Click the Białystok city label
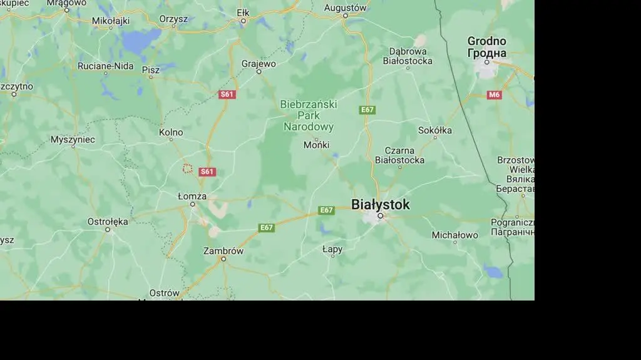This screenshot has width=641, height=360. click(381, 204)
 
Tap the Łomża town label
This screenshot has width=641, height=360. click(192, 196)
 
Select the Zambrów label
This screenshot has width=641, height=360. click(223, 250)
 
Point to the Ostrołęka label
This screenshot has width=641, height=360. click(108, 222)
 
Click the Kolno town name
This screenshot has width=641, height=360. click(171, 132)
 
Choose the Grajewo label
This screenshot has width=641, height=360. click(259, 63)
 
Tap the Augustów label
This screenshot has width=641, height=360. click(345, 8)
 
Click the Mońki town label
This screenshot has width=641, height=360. click(316, 145)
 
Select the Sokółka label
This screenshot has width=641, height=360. click(435, 130)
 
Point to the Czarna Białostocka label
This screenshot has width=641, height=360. click(399, 155)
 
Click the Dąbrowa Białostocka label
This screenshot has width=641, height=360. click(411, 56)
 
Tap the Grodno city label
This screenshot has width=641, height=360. click(486, 47)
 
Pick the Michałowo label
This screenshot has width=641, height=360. click(455, 235)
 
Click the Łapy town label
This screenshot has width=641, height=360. click(332, 249)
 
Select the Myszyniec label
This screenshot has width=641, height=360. click(73, 140)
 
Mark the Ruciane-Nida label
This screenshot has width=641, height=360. click(106, 66)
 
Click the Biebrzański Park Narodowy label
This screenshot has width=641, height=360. click(309, 115)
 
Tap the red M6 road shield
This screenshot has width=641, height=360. click(495, 95)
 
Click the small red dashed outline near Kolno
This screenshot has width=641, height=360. click(187, 168)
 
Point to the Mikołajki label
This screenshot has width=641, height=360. click(111, 21)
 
